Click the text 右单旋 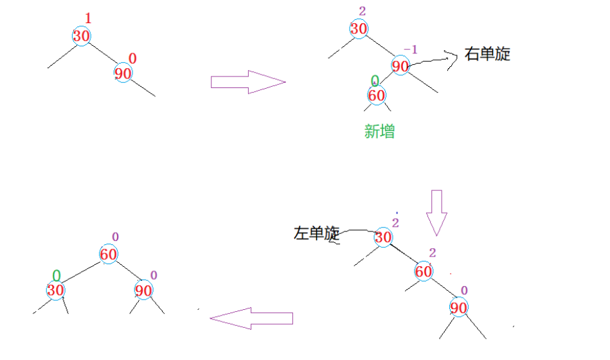click(x=487, y=54)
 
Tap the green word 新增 click(x=379, y=132)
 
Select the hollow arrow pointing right click(x=247, y=82)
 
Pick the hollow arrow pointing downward click(x=437, y=212)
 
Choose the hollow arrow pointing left click(x=251, y=318)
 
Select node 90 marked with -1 click(x=400, y=66)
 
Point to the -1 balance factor click(x=409, y=50)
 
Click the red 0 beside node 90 click(x=132, y=59)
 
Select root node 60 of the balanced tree click(x=108, y=255)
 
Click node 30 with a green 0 click(x=55, y=290)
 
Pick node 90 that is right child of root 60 click(x=143, y=291)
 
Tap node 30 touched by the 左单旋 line click(x=383, y=238)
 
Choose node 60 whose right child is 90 click(x=424, y=271)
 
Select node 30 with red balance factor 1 click(x=81, y=36)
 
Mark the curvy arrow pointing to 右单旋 click(x=434, y=59)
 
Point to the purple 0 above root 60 click(x=115, y=237)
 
